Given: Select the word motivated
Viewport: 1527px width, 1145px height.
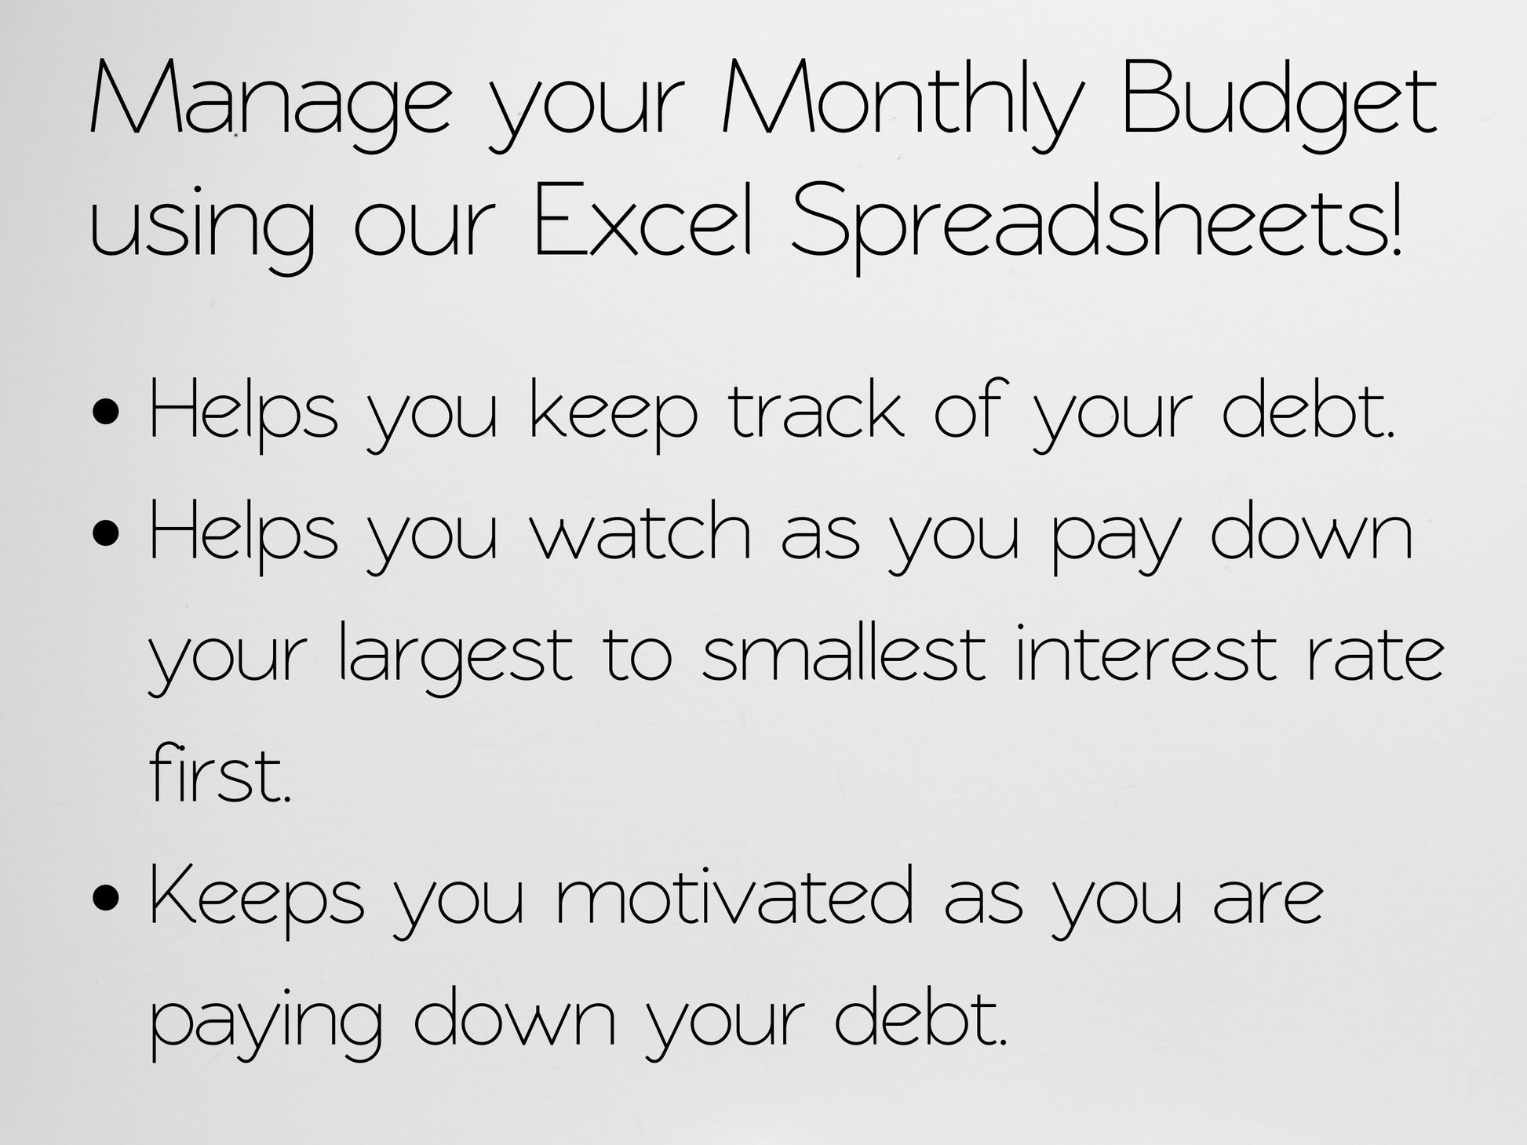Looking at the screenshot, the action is point(734,894).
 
